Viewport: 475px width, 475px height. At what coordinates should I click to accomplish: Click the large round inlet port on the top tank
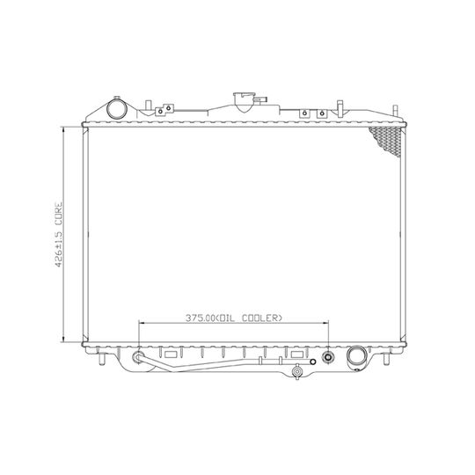point(117,109)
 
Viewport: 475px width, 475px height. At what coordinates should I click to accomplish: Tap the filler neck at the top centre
point(244,102)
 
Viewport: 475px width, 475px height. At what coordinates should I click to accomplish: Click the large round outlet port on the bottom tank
point(356,356)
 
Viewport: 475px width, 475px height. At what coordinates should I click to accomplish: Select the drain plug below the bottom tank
point(297,371)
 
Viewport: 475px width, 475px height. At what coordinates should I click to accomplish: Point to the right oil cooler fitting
point(328,357)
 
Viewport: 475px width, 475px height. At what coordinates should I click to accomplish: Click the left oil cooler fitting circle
point(138,357)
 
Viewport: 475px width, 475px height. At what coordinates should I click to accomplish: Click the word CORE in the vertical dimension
point(58,214)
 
